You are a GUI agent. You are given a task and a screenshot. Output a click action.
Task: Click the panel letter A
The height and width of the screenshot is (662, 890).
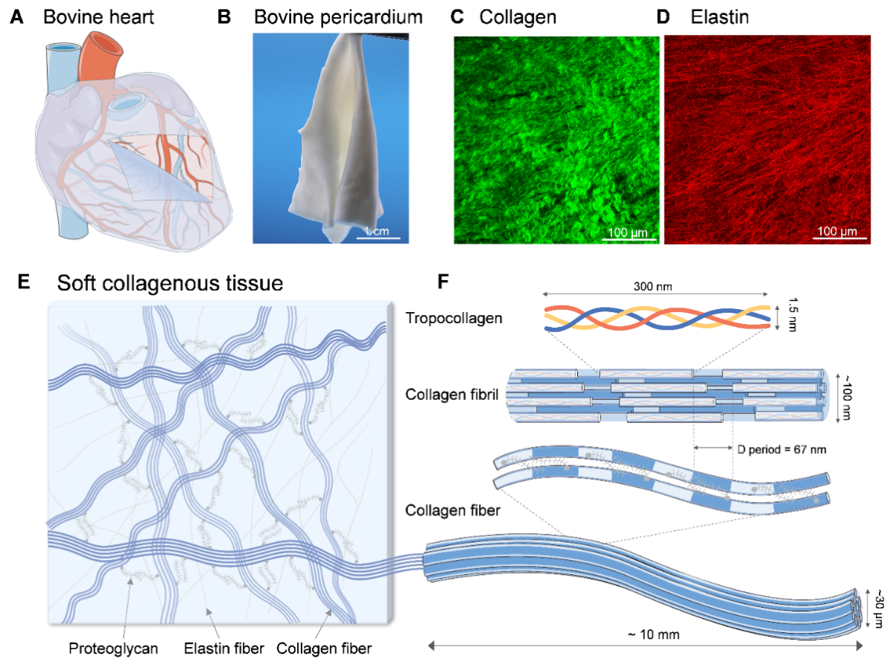pyautogui.click(x=15, y=16)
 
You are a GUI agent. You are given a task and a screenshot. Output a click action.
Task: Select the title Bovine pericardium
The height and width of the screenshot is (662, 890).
pyautogui.click(x=338, y=16)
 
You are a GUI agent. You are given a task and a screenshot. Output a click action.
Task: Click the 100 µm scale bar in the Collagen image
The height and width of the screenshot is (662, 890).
pyautogui.click(x=629, y=238)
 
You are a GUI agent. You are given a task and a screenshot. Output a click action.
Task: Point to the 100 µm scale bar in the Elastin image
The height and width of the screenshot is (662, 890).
pyautogui.click(x=838, y=238)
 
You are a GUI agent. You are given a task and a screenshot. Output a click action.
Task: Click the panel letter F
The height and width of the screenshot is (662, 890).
pyautogui.click(x=444, y=283)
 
